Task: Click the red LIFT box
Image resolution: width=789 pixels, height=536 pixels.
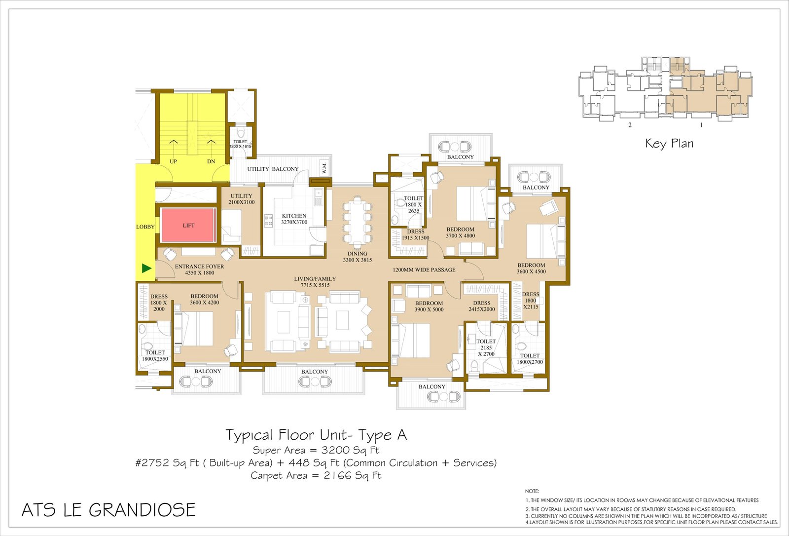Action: coord(188,226)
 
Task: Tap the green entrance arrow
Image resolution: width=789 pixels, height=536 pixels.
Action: coord(146,268)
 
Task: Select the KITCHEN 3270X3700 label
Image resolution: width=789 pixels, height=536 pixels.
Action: coord(294,219)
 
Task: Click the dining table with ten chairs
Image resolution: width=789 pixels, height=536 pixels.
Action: coord(358,222)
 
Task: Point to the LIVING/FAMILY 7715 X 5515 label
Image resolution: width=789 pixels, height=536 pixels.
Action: coord(315,282)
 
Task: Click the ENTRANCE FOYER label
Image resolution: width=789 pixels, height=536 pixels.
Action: coord(199,266)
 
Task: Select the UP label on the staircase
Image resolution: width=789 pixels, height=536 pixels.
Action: coord(173,161)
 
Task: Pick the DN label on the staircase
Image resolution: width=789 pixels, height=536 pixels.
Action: coord(211,161)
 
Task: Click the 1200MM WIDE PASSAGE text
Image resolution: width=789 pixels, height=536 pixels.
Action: coord(424,270)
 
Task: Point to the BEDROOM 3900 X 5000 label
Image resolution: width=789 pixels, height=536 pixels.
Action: coord(429,306)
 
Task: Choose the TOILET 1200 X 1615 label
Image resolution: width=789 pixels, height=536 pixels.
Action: coord(240,144)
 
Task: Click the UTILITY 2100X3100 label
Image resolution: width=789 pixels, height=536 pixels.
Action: coord(241,199)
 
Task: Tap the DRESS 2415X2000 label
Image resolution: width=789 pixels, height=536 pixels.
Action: coord(481,306)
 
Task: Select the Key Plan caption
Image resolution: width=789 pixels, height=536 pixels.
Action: coord(669,144)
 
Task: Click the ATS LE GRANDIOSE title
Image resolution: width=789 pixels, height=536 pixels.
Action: coord(108,510)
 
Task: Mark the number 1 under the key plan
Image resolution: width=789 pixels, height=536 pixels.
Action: coord(701,125)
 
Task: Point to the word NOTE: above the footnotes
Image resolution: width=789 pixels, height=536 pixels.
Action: coord(532,491)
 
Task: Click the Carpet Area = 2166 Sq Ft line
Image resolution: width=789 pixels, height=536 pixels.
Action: coord(316,476)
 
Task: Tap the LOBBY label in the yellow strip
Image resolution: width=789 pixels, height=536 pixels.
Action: coord(145,227)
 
